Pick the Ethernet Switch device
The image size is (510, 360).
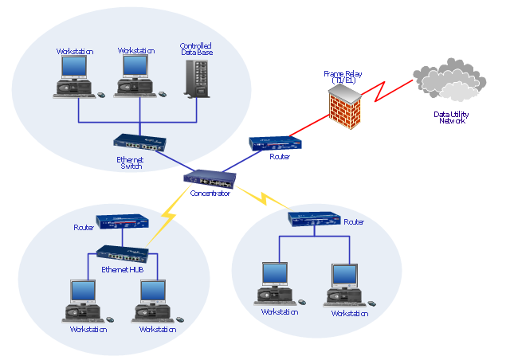tap(140, 143)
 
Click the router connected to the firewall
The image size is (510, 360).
tap(276, 143)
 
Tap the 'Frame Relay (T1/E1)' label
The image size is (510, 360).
tap(343, 77)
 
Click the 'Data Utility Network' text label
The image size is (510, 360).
tap(451, 118)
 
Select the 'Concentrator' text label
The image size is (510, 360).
tap(210, 194)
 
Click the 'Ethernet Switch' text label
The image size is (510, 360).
tap(131, 163)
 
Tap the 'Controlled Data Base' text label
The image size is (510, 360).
tap(196, 49)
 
